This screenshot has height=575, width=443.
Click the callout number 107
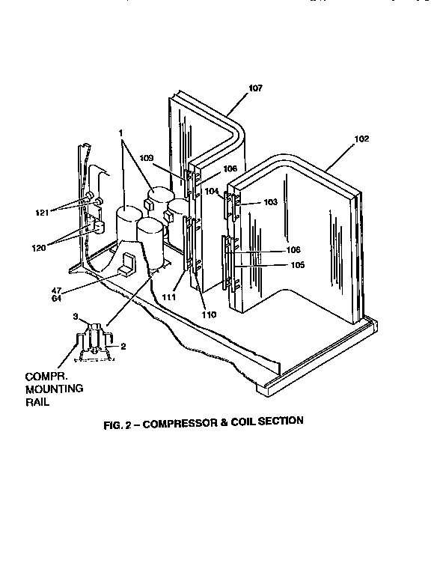click(255, 89)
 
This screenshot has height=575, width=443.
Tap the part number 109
click(146, 158)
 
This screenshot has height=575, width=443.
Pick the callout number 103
click(269, 202)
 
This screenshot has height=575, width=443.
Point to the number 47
click(55, 290)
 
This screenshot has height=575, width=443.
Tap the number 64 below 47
click(55, 299)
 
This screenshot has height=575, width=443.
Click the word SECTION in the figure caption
click(281, 421)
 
